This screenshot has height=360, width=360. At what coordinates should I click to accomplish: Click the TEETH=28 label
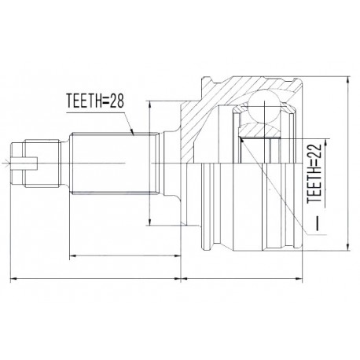(x=95, y=101)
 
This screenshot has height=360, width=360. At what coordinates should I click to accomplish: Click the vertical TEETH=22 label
(x=314, y=173)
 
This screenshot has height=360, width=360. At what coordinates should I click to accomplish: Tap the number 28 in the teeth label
(x=116, y=101)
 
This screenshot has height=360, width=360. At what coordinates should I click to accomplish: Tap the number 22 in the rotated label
(x=314, y=150)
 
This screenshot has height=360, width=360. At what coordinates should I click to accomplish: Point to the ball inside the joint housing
(x=265, y=106)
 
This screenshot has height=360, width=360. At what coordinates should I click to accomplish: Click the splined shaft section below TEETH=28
(x=115, y=163)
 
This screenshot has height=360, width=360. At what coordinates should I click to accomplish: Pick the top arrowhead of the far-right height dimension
(x=348, y=80)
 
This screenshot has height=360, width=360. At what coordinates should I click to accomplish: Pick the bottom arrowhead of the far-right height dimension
(x=348, y=248)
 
